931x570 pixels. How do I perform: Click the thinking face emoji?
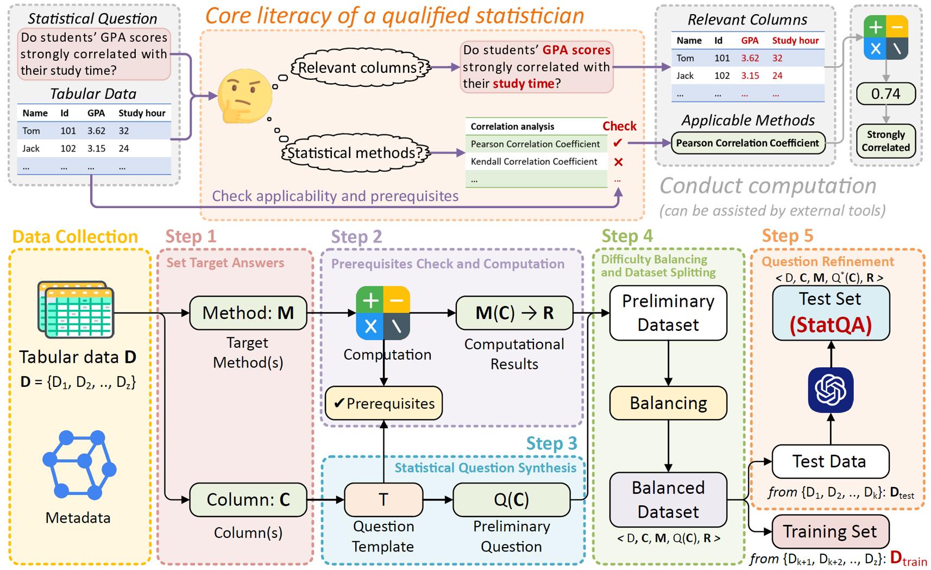[x=245, y=96]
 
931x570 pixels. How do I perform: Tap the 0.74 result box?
[x=885, y=94]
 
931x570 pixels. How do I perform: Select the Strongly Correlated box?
[x=885, y=141]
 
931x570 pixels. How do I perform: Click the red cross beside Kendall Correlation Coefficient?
[x=618, y=162]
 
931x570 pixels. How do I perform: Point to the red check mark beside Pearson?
[x=618, y=143]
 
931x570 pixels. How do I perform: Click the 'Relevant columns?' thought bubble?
[x=361, y=68]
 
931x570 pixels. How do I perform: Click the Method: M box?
[x=248, y=313]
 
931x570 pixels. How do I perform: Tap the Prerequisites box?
[x=384, y=403]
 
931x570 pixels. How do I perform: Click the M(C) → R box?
[x=514, y=313]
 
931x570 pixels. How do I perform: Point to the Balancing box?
[x=668, y=403]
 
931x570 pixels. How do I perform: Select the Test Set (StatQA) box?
[x=831, y=313]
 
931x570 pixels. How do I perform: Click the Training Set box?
[x=830, y=531]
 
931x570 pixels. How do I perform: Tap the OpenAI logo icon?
[x=831, y=390]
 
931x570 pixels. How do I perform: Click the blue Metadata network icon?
[x=79, y=465]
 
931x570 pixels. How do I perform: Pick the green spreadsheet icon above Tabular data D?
[x=76, y=309]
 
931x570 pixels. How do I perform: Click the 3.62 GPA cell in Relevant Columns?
[x=750, y=58]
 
